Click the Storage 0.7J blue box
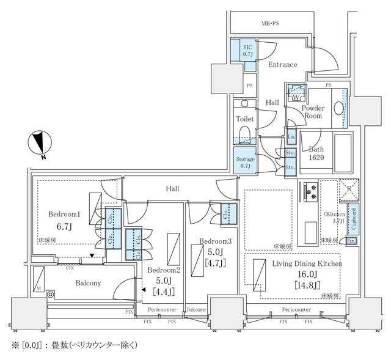pyautogui.click(x=245, y=162)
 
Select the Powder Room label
pyautogui.click(x=314, y=111)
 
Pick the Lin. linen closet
pyautogui.click(x=291, y=138)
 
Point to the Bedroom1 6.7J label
pyautogui.click(x=64, y=220)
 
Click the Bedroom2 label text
pyautogui.click(x=163, y=271)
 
